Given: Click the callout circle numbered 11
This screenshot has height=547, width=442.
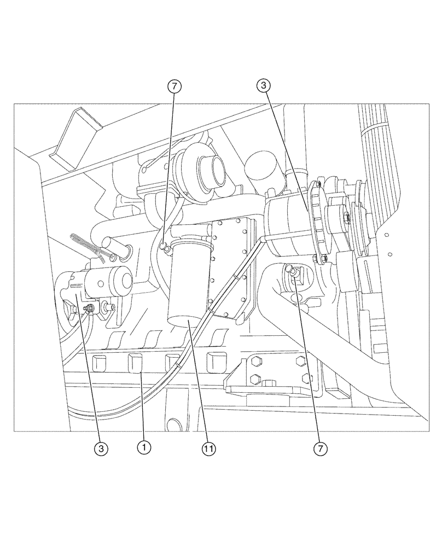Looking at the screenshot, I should pyautogui.click(x=208, y=449).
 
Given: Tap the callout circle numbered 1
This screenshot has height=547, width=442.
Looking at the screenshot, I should pyautogui.click(x=143, y=447).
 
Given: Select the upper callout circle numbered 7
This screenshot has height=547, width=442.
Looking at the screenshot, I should pyautogui.click(x=175, y=86).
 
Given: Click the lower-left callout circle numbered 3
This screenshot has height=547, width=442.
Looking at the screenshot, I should pyautogui.click(x=100, y=449).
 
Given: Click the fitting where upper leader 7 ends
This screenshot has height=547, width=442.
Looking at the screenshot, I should pyautogui.click(x=163, y=248).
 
